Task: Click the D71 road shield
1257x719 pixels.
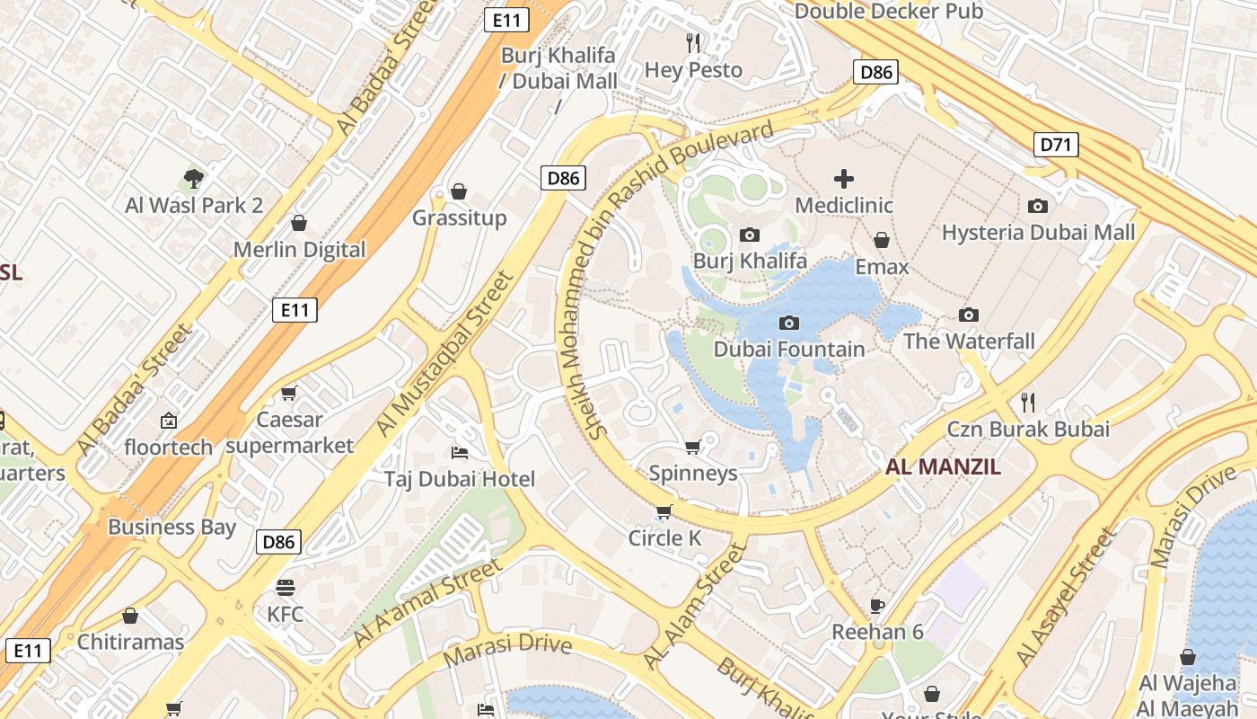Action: click(1055, 144)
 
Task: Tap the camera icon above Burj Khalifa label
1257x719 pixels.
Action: click(749, 235)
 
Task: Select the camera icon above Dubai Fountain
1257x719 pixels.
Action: click(789, 323)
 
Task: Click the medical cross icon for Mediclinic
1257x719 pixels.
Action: click(844, 178)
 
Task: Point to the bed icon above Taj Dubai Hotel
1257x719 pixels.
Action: click(459, 452)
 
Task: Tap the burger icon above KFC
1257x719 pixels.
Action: click(286, 588)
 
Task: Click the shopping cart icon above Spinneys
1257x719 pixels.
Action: click(692, 447)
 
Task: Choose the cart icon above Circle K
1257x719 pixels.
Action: click(664, 512)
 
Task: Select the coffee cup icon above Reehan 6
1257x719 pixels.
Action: click(877, 606)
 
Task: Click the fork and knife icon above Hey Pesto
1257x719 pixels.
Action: click(693, 42)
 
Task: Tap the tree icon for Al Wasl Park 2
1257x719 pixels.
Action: click(193, 178)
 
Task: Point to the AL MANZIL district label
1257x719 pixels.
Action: click(943, 466)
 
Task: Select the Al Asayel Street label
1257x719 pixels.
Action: click(1068, 598)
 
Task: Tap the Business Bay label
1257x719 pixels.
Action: click(171, 527)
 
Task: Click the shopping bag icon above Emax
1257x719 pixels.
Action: click(882, 240)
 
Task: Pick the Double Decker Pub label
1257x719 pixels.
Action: click(889, 12)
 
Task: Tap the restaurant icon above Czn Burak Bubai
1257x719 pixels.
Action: click(1028, 402)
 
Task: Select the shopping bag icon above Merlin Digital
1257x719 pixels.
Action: click(299, 222)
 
